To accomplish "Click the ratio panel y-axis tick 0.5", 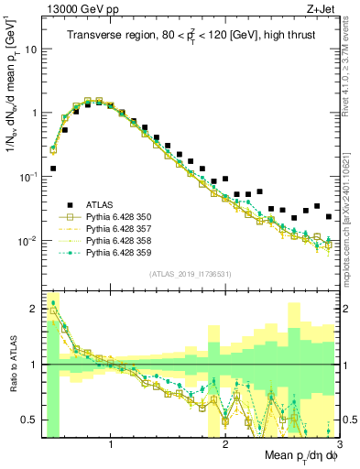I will click(30, 420).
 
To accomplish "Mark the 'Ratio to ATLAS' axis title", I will click(12, 365).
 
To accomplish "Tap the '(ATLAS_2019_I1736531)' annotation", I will click(191, 273).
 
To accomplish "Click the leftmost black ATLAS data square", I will click(53, 169).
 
